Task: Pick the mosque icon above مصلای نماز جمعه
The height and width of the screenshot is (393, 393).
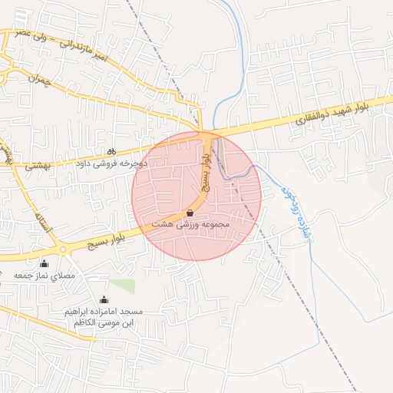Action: tap(43, 264)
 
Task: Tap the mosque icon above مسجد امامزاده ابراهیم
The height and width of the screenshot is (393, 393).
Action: tap(104, 299)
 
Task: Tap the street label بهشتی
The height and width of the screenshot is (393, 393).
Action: tap(37, 164)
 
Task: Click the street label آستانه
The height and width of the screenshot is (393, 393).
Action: tap(42, 222)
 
